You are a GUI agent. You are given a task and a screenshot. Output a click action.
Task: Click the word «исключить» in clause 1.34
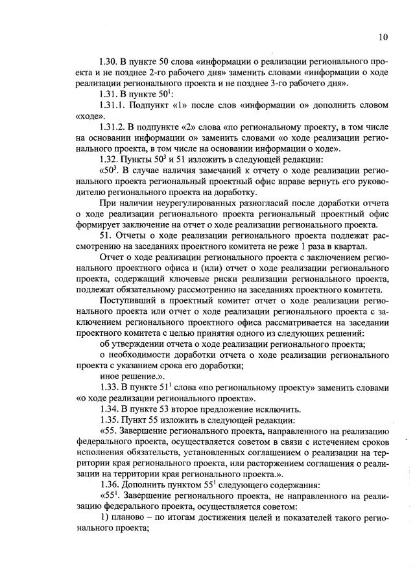click(277, 410)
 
